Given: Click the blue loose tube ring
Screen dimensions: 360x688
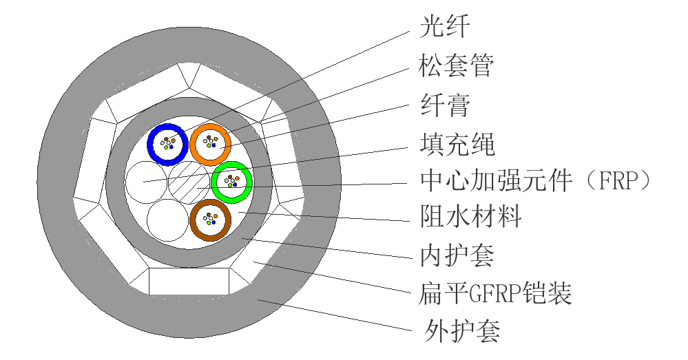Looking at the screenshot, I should tap(152, 145).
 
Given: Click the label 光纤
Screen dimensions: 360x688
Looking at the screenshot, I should tap(445, 27).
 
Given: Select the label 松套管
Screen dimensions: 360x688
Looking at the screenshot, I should tap(457, 66).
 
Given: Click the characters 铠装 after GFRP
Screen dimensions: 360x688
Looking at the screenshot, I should tap(547, 294).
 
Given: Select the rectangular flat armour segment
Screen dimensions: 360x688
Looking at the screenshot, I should tap(189, 281).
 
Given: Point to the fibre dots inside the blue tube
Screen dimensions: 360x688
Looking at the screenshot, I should tap(167, 143).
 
